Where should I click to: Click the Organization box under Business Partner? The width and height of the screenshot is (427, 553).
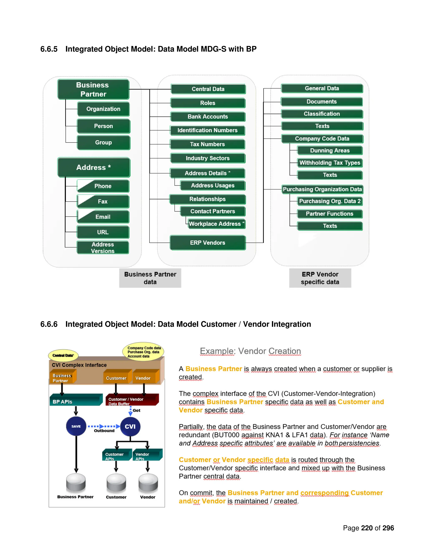pos(103,109)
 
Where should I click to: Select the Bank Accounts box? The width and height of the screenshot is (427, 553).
pos(208,117)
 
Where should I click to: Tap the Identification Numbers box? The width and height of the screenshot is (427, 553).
pos(207,130)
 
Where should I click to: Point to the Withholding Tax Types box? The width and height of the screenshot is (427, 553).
pos(330,163)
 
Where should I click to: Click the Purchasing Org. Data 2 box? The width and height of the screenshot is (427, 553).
pos(330,201)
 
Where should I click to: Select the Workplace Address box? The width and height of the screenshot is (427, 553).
pos(217,224)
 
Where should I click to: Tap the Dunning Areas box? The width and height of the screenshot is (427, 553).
pos(330,150)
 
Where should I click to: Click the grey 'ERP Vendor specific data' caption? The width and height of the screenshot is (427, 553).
pos(320,278)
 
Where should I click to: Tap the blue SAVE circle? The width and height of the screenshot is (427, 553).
pos(76,426)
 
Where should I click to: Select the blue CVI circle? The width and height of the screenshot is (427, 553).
pos(130,426)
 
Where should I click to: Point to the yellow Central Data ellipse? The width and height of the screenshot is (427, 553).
pos(63,355)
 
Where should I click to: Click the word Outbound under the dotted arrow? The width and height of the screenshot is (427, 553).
pos(104,431)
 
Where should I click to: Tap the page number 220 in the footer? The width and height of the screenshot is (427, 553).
pos(367,528)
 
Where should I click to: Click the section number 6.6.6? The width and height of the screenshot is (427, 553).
pos(49,324)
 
